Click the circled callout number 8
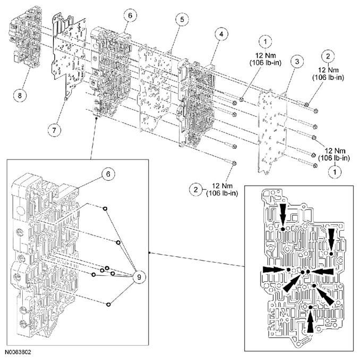tap(20, 95)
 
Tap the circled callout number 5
tap(182, 20)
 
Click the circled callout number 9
tap(140, 276)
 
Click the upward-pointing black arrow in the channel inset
tap(310, 320)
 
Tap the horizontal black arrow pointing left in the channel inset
tap(323, 271)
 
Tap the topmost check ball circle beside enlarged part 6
tap(106, 208)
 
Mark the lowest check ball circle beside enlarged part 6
tap(108, 304)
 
